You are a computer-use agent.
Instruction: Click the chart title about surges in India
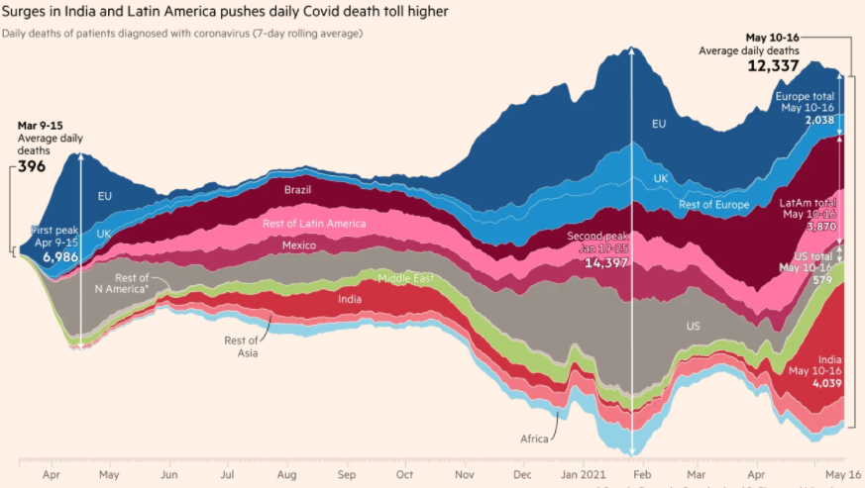pyautogui.click(x=225, y=12)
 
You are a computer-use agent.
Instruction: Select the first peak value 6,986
pyautogui.click(x=59, y=255)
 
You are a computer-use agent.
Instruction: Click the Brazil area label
pyautogui.click(x=299, y=189)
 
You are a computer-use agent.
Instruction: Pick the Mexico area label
pyautogui.click(x=299, y=244)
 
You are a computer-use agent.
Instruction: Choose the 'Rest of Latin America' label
pyautogui.click(x=314, y=224)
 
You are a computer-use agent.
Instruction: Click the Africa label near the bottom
pyautogui.click(x=535, y=439)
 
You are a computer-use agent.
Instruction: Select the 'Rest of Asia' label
pyautogui.click(x=241, y=346)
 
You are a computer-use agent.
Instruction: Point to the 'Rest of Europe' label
pyautogui.click(x=714, y=205)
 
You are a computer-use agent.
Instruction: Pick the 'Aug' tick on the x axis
pyautogui.click(x=286, y=472)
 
